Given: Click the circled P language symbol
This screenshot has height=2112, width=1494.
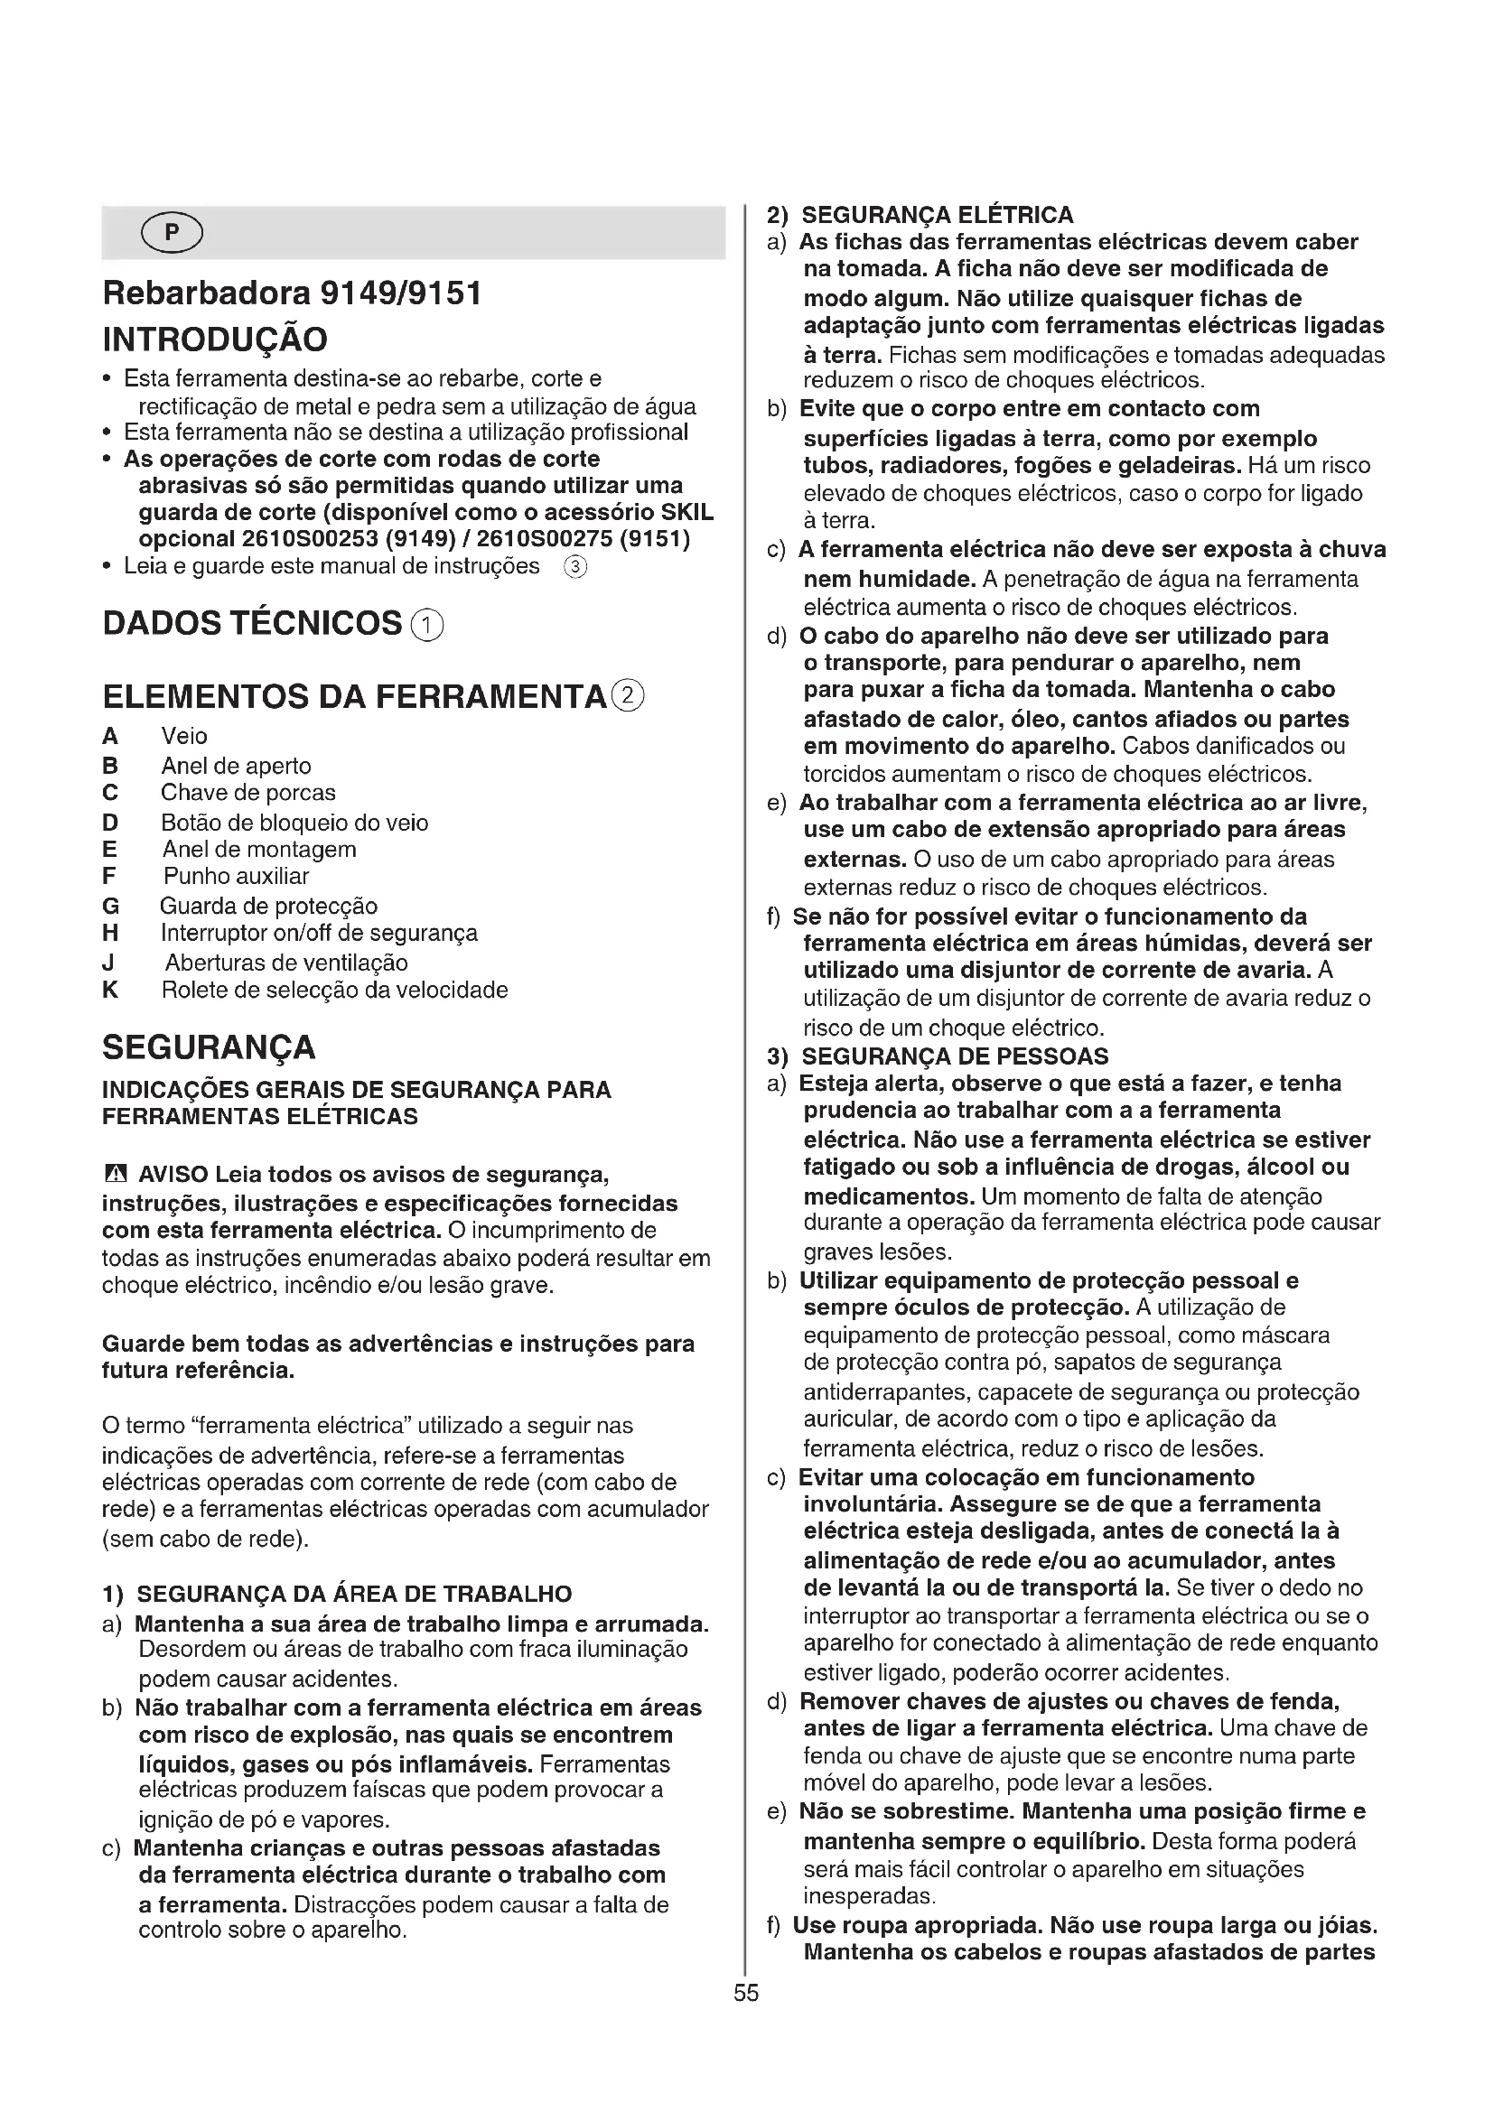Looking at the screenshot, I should (172, 234).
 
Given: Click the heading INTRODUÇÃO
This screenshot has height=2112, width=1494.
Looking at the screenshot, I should (214, 340).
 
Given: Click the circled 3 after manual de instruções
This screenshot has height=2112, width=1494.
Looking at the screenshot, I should (574, 567).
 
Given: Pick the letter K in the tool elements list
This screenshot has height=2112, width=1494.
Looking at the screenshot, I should (110, 991).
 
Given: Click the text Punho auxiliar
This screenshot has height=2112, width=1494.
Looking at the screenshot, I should (236, 876).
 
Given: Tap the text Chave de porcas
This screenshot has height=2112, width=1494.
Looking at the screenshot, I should (247, 793).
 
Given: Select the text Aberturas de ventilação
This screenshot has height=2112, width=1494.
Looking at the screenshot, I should (286, 963).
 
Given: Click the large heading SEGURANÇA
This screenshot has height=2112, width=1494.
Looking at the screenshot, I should (208, 1047).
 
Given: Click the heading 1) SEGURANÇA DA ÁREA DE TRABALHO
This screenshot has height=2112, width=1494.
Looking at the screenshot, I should (337, 1594).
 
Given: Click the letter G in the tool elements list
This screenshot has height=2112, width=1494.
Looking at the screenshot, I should (110, 907).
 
